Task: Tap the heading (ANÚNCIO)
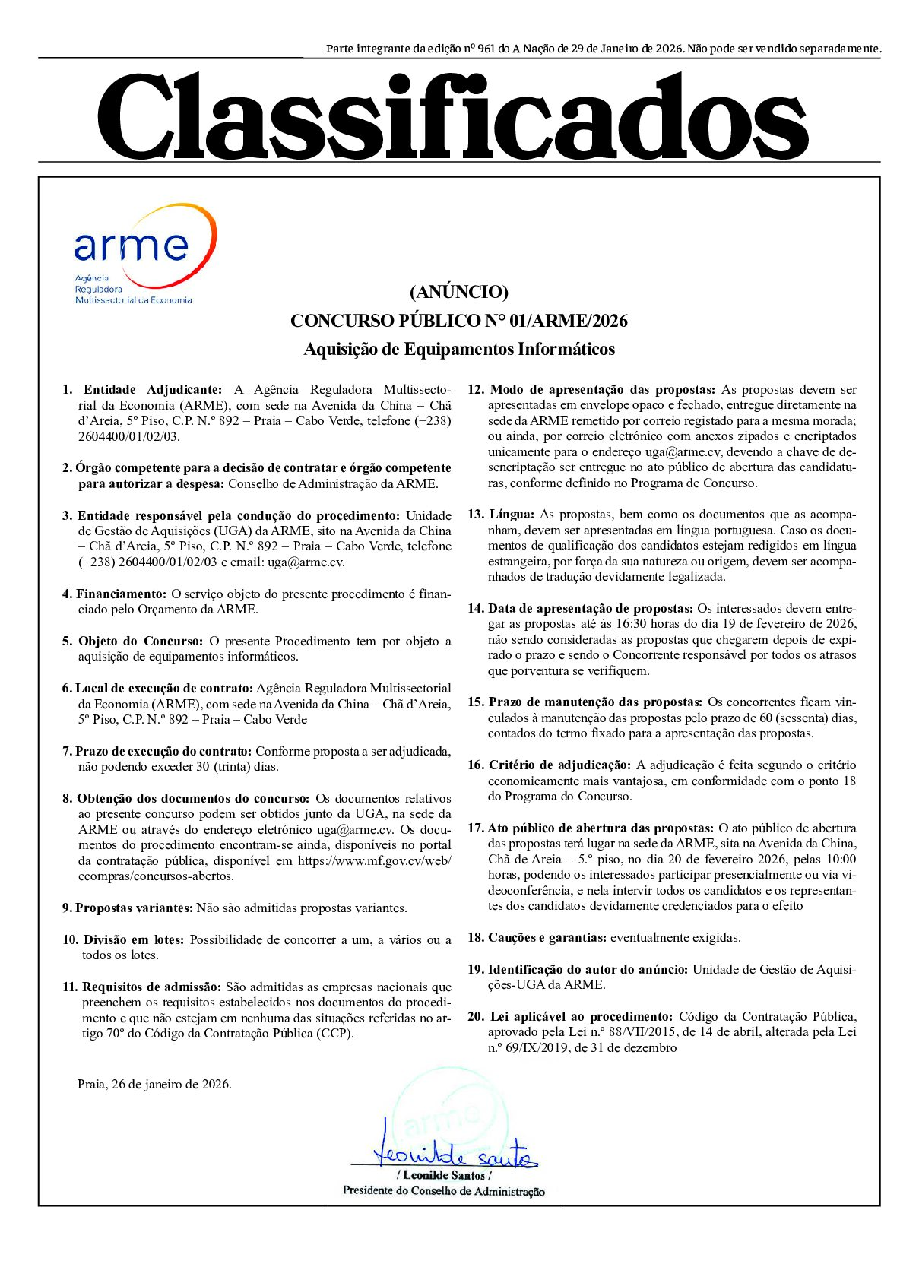(x=458, y=292)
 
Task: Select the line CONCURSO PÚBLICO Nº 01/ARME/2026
(x=459, y=321)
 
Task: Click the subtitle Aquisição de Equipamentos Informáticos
(x=459, y=350)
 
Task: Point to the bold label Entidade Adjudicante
(x=153, y=390)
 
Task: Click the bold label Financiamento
(x=121, y=594)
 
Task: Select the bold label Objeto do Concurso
(x=141, y=641)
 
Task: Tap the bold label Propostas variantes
(x=135, y=908)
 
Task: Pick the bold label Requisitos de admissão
(x=152, y=987)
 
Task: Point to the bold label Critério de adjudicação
(x=559, y=765)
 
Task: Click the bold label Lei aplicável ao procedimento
(x=582, y=1016)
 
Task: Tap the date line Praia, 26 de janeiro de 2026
(x=154, y=1084)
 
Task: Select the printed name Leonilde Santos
(x=444, y=1175)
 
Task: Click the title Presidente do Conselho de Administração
(x=444, y=1191)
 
